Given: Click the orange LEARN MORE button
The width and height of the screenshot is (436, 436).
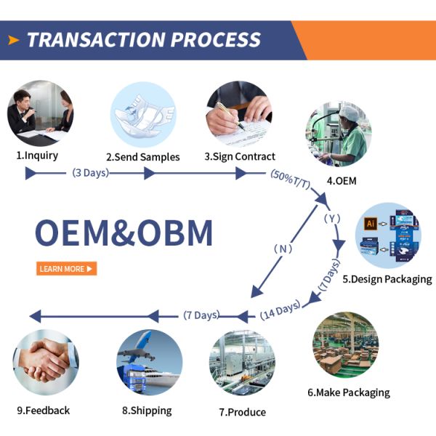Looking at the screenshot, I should click(x=66, y=269).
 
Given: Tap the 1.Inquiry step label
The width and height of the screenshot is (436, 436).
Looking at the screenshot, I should click(x=37, y=155).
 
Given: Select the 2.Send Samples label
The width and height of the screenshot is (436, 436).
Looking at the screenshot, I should click(x=142, y=157).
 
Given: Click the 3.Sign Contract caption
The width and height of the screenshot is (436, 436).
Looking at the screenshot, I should click(x=240, y=156).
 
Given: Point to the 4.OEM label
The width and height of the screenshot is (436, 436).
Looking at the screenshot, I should click(x=341, y=181).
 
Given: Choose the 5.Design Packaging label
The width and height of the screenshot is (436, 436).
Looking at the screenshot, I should click(x=387, y=279).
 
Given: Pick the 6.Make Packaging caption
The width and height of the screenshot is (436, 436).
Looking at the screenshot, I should click(x=348, y=392).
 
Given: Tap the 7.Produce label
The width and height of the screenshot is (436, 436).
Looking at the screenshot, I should click(x=242, y=412).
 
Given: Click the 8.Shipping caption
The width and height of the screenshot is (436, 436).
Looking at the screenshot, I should click(x=147, y=411).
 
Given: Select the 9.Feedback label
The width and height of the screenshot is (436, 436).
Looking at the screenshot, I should click(x=42, y=411).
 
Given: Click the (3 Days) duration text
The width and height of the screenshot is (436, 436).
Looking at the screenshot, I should click(x=91, y=173).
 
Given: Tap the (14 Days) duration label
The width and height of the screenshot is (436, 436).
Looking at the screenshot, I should click(x=280, y=311).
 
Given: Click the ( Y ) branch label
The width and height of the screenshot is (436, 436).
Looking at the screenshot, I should click(x=332, y=218).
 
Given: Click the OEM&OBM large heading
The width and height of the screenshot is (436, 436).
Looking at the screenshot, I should click(x=124, y=233).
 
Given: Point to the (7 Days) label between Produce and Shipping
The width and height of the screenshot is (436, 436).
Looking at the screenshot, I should click(x=201, y=315).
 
